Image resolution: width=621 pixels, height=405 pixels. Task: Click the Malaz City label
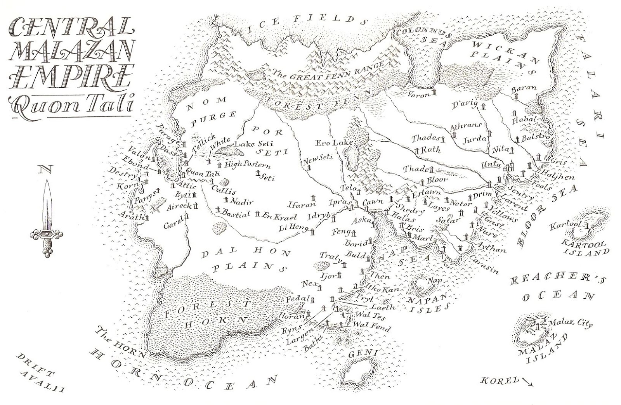571,324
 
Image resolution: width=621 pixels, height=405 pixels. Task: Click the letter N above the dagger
46,169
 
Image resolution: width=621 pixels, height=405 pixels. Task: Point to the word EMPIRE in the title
68,78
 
